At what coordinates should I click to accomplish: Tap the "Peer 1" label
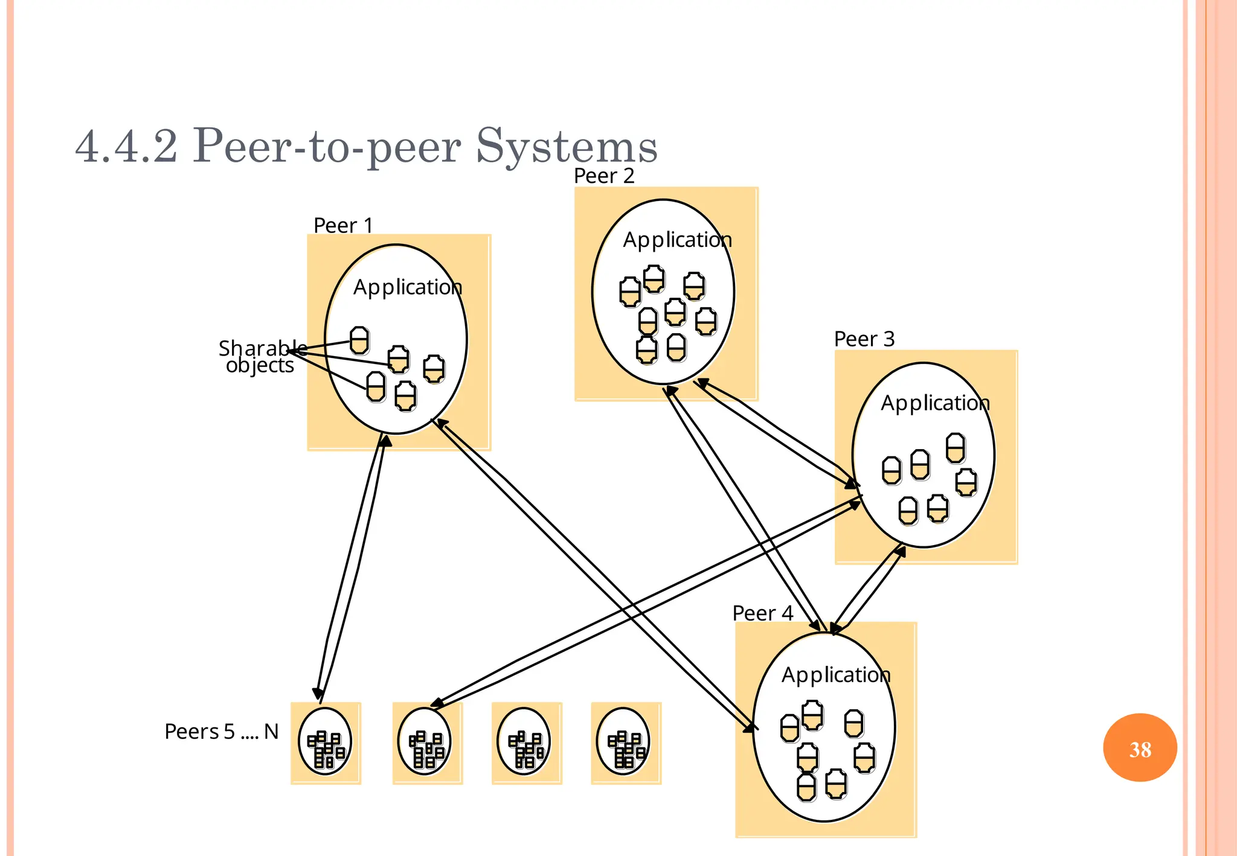tap(342, 226)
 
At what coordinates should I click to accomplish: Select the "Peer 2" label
tap(603, 176)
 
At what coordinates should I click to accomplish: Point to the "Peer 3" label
tap(864, 339)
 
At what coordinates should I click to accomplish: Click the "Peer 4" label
tap(762, 613)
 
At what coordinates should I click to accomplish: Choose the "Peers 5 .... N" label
tap(221, 732)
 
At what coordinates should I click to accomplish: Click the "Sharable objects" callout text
tap(260, 357)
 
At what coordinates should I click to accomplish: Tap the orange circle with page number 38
tap(1140, 748)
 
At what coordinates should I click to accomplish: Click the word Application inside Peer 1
tap(408, 287)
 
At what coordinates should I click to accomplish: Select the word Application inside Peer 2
tap(677, 240)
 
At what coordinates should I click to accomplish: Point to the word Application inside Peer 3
tap(935, 403)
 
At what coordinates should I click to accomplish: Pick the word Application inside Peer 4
tap(836, 675)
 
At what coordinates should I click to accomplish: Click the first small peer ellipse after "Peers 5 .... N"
tap(325, 742)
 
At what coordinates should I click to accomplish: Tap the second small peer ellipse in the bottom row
tap(425, 742)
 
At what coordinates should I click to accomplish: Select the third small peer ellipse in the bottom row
tap(524, 742)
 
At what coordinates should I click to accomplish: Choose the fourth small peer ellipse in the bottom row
tap(623, 742)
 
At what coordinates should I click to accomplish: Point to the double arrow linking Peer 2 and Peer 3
tap(776, 432)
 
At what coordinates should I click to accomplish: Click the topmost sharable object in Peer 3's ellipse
tap(955, 448)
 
